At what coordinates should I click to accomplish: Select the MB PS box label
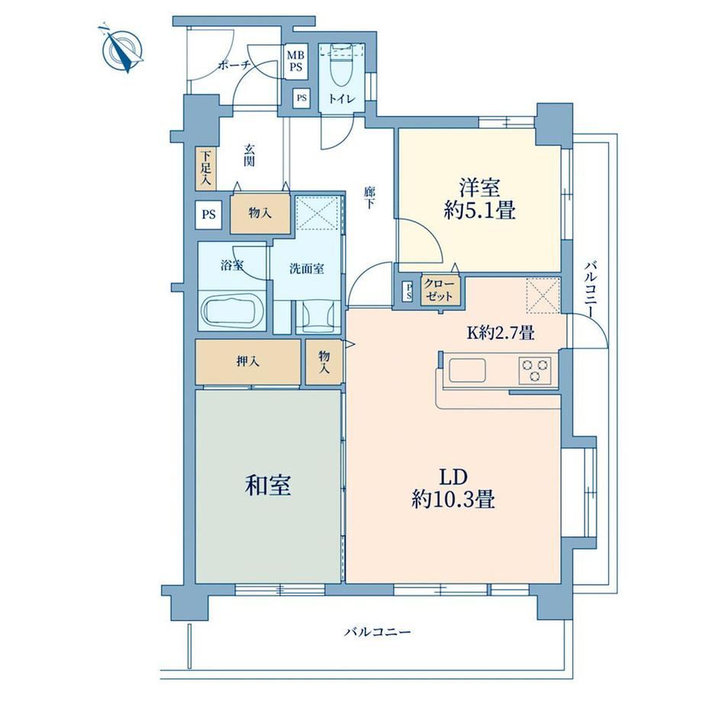coord(295,61)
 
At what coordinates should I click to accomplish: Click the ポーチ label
coord(233,66)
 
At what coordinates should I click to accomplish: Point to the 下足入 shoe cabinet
coord(206,169)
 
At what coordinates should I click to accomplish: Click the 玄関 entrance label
coord(249,155)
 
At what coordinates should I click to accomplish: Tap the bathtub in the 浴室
coord(231,310)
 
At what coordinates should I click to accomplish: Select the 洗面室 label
coord(307,269)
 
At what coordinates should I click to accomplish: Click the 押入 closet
coord(248,362)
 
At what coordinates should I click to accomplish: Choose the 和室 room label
coord(268,485)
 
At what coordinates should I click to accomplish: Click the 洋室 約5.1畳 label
coord(479,199)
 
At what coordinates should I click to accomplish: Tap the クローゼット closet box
coord(440,291)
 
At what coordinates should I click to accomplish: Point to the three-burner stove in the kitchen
coord(535,370)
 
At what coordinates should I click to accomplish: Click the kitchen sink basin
coord(468,371)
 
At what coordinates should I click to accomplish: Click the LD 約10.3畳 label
coord(453,488)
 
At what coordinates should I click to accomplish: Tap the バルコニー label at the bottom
coord(378,632)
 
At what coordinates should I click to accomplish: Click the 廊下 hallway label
coord(369,198)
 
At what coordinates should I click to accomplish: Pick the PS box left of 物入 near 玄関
coord(208,214)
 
